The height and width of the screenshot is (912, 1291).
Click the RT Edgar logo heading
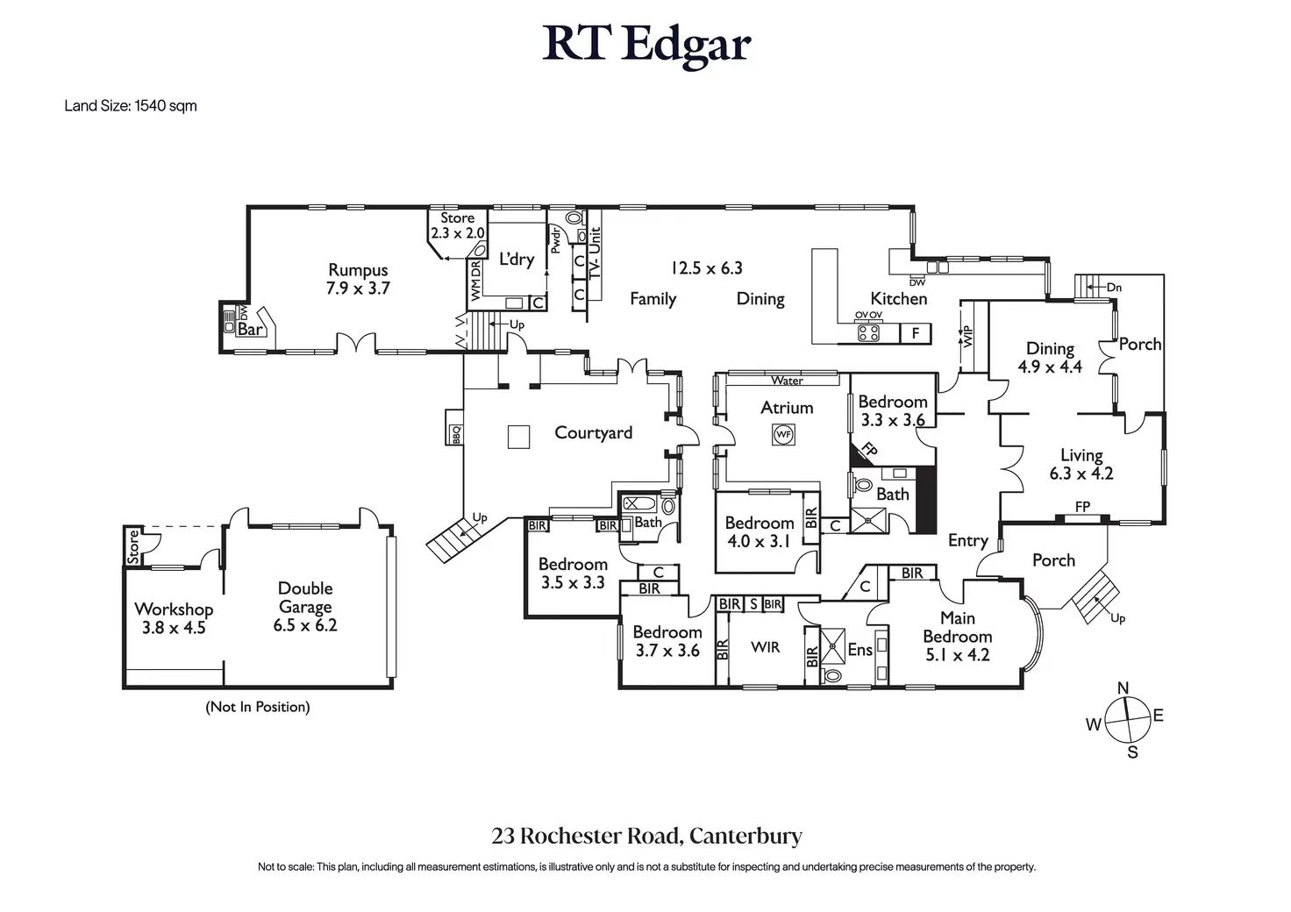[646, 44]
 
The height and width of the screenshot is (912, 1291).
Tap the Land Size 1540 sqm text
[131, 106]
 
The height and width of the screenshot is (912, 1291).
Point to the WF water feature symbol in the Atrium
[783, 434]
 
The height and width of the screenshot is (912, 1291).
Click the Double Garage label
[305, 597]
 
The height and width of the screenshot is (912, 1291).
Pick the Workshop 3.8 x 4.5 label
[174, 617]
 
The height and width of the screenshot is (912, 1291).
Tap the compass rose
[1126, 719]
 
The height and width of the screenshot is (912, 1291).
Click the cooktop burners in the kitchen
[868, 332]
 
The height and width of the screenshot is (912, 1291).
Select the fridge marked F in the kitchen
[916, 333]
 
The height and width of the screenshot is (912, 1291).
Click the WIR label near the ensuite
[765, 647]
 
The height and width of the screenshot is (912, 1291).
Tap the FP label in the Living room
[1083, 507]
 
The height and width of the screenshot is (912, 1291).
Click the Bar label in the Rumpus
[250, 330]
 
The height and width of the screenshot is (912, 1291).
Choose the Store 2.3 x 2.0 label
[457, 225]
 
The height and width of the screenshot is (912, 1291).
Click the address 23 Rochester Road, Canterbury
[646, 836]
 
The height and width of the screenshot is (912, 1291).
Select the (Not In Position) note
[258, 707]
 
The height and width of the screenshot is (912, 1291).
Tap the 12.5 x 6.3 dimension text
[707, 268]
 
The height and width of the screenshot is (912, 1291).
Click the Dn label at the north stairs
[1114, 287]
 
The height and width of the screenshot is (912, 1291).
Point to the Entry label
[967, 541]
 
